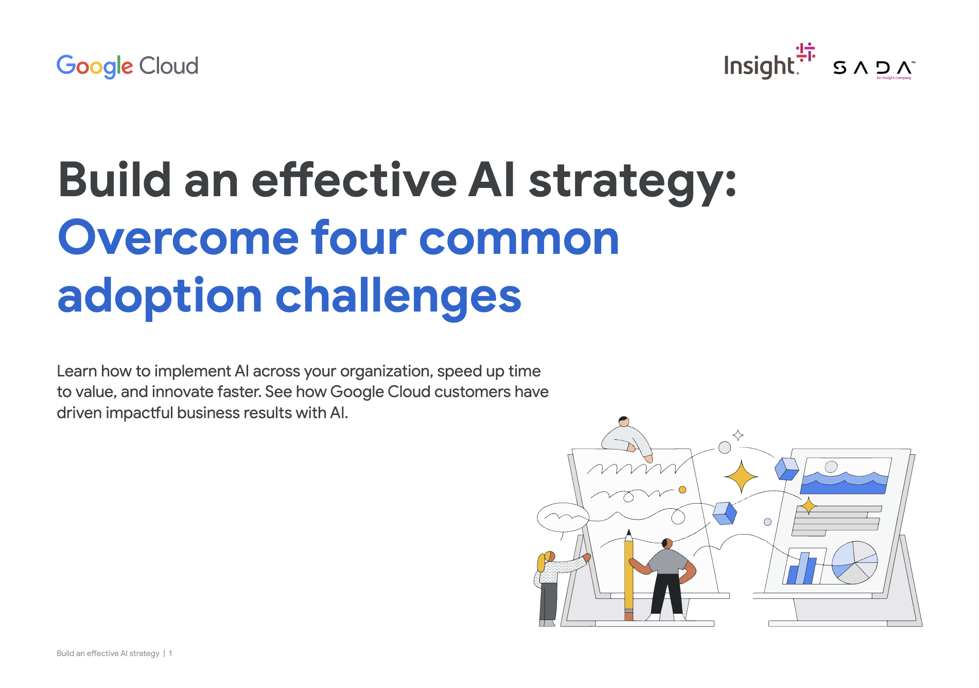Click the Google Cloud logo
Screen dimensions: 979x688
127,66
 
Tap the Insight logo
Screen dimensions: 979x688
770,61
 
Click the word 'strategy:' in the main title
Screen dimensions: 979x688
633,181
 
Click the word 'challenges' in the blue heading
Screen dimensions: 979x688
398,296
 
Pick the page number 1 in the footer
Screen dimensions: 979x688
170,653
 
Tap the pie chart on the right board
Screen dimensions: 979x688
854,562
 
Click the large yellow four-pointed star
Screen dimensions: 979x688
741,477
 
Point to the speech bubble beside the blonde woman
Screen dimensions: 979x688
563,517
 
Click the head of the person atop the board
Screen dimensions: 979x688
624,421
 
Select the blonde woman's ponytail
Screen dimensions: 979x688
541,562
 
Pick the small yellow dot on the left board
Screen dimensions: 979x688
683,490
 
